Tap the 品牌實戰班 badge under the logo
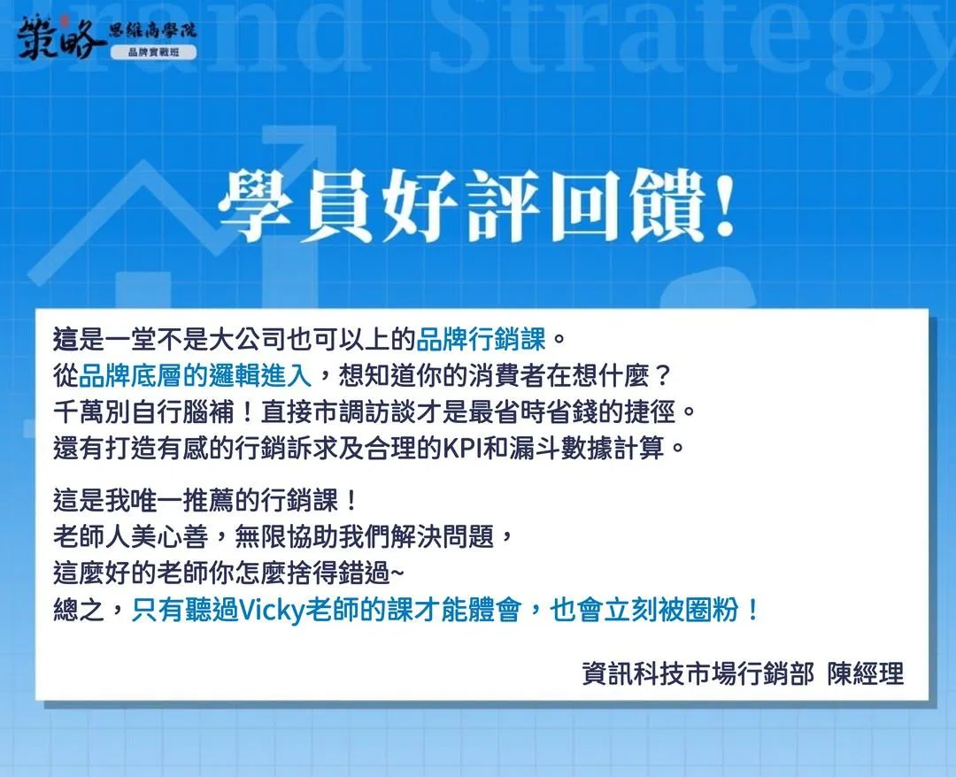(x=154, y=52)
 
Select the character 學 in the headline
(x=257, y=205)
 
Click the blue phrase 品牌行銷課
(x=481, y=340)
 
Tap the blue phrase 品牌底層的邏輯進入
(x=195, y=376)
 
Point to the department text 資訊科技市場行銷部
(x=698, y=674)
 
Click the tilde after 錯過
(x=397, y=573)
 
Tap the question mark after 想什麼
(x=662, y=376)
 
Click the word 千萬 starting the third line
(x=80, y=412)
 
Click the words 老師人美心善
(x=131, y=537)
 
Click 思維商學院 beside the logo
(x=152, y=30)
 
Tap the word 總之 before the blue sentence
(x=80, y=610)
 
